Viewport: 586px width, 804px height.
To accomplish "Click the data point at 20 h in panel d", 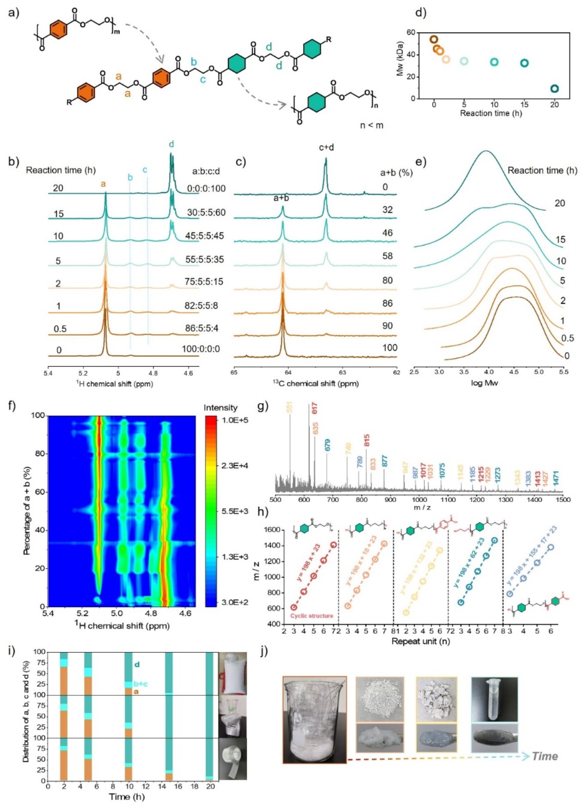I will [x=554, y=89].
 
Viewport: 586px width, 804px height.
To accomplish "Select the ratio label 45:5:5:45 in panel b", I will [x=204, y=236].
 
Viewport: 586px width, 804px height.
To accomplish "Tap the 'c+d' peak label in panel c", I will [x=326, y=148].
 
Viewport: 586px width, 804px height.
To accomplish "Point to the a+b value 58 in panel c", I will [x=387, y=256].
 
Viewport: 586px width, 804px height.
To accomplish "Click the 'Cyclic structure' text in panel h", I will [x=311, y=616].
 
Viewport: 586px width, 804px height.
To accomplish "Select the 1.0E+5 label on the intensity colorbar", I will [x=235, y=420].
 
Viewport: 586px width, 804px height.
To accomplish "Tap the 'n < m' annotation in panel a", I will [x=372, y=125].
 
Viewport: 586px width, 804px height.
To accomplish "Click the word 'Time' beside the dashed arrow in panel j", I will [x=545, y=756].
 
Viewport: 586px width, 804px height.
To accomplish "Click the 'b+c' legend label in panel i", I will [x=140, y=684].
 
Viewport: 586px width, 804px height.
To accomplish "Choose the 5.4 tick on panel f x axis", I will [x=48, y=612].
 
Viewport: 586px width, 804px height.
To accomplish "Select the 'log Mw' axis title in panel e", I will [x=485, y=383].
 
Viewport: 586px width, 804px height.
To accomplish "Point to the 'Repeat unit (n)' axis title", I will [x=420, y=641].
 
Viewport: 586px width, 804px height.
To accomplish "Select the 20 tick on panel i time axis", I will [x=210, y=786].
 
